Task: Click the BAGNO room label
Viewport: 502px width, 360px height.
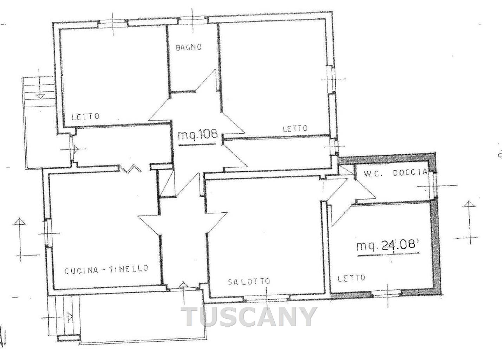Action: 189,47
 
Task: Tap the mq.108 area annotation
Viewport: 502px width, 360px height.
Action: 197,135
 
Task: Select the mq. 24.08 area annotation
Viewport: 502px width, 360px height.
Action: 388,245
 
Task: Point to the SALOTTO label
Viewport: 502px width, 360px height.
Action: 249,282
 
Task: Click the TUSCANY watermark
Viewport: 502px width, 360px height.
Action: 249,317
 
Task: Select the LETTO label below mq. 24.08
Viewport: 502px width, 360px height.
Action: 351,278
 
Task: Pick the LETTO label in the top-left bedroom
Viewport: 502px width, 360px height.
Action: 85,116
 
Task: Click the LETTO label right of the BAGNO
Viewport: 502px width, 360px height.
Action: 295,129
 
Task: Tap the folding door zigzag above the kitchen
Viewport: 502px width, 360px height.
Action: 130,169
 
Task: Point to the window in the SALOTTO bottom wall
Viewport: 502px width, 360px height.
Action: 267,298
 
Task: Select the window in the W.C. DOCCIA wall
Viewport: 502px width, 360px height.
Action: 435,186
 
